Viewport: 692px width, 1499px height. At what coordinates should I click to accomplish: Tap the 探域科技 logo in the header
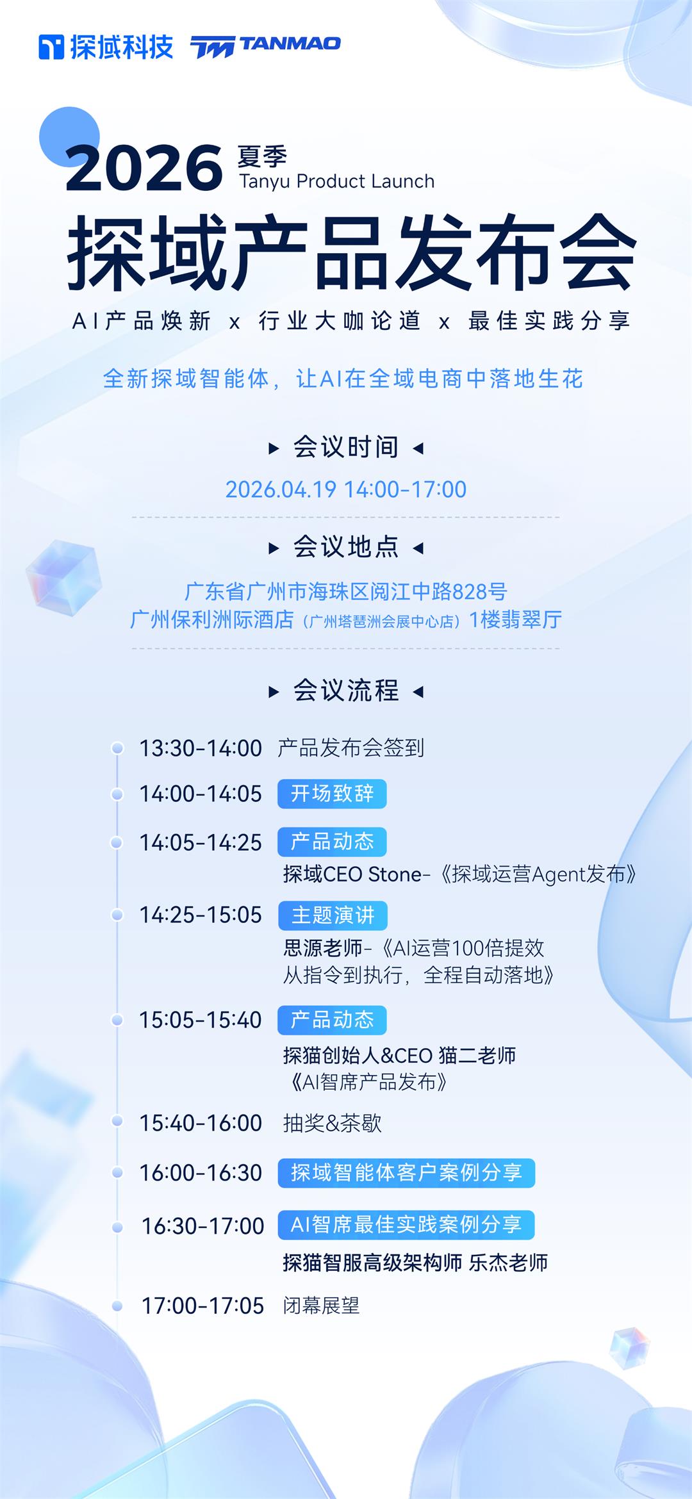106,47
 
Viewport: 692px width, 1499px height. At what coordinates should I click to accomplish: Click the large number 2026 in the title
144,168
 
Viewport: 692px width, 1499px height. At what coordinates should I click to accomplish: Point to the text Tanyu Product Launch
337,181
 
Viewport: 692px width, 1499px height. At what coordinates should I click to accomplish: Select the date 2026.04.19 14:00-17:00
346,489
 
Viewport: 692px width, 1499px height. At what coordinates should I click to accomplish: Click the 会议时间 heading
346,447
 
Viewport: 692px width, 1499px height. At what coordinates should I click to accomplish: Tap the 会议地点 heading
346,547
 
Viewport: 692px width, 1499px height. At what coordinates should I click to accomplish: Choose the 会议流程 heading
346,691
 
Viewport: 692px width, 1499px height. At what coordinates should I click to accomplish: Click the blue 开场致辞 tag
332,794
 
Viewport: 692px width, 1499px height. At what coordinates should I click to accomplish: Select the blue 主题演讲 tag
333,915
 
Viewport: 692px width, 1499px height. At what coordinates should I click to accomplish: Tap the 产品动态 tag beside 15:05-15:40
332,1020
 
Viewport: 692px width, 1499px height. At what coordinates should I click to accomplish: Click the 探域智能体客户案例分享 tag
406,1173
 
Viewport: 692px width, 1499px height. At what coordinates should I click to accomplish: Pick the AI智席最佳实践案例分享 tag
406,1225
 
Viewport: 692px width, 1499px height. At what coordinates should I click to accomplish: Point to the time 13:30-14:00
201,748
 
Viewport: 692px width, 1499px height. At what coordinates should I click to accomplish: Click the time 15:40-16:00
201,1123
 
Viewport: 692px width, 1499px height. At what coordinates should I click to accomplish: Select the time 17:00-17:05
202,1306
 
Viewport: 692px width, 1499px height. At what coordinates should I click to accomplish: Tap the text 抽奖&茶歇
333,1123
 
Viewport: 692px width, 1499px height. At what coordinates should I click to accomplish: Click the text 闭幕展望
322,1306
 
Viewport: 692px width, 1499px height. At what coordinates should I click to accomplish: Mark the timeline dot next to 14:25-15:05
117,915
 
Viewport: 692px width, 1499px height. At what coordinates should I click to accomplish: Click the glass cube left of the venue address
63,577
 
